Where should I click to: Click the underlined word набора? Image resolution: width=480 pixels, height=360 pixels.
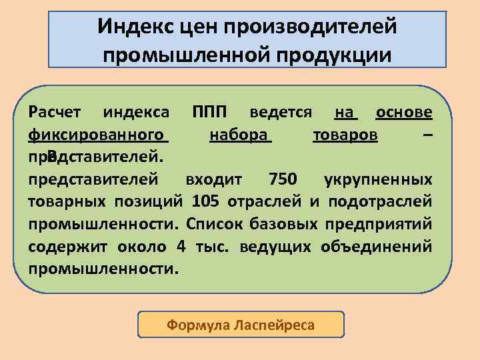coord(239,135)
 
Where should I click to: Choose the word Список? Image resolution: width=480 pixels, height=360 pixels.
coord(212,223)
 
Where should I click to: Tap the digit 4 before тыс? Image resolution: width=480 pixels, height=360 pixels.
coord(181,246)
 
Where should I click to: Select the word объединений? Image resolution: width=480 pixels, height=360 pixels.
coord(377,246)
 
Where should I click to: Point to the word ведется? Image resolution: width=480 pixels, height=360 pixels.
coord(279,112)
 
